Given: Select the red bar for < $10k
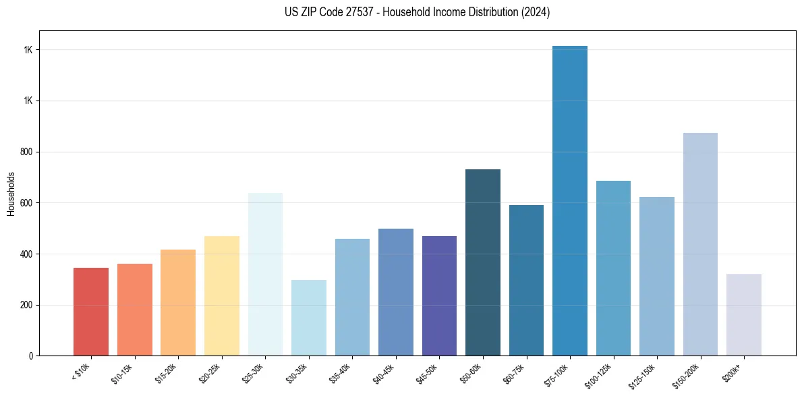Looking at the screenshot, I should point(91,312).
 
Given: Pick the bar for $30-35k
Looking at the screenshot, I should point(309,318).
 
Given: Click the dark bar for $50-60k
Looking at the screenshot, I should point(483,262).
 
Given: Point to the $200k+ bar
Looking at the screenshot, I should point(744,314).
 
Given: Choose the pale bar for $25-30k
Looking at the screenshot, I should point(265,274).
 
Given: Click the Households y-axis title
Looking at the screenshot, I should point(11,194).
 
